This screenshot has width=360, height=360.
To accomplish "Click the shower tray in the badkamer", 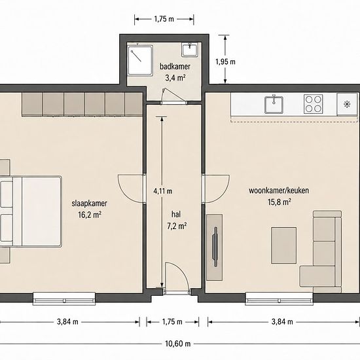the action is coord(140,60).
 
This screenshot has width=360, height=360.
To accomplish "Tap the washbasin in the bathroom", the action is coord(190,49).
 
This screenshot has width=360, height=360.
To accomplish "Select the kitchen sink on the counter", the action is coord(274,105).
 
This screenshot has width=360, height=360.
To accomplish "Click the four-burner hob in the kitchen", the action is coord(313,104).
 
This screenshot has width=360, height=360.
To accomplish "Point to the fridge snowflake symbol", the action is coord(347,105).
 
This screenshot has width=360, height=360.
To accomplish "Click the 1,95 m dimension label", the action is coord(225,62).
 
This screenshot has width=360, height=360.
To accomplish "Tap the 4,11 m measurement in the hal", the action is coord(163,190).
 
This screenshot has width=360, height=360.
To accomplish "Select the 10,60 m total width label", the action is coord(178,344).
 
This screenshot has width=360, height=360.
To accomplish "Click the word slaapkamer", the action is coord(89,204).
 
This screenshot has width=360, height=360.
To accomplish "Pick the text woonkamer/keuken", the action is coord(279,190).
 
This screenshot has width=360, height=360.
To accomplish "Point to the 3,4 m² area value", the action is coord(175,78).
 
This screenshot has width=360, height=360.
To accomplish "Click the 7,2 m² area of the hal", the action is coord(177,226).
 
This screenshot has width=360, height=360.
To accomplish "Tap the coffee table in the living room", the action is coord(284,245).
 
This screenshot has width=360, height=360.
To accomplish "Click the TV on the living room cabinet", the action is coord(215,247).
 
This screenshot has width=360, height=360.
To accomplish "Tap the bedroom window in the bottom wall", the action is coord(64,298).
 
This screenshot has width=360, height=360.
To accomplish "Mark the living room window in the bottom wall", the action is coord(279,298).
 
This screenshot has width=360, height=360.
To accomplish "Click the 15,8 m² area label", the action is coord(279,202).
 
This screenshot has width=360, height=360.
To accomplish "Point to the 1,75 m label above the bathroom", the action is coord(164,19).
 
